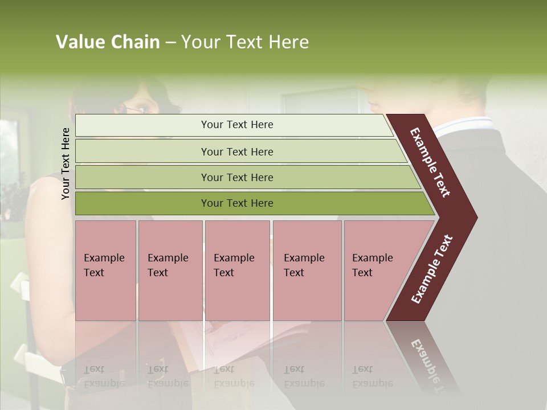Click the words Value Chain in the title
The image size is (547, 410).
(x=108, y=42)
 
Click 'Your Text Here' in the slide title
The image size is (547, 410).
(x=245, y=42)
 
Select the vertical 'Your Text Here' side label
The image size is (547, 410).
(x=66, y=163)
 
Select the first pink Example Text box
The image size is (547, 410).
(x=105, y=270)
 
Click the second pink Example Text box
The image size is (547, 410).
(x=170, y=270)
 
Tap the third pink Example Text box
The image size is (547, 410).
(x=237, y=270)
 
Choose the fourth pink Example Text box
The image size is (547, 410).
(x=307, y=270)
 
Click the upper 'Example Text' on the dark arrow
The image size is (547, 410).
(x=431, y=162)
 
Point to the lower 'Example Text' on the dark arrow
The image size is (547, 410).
(x=432, y=269)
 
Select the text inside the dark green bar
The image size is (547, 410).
(x=237, y=203)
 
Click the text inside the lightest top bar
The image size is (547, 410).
(x=237, y=125)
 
